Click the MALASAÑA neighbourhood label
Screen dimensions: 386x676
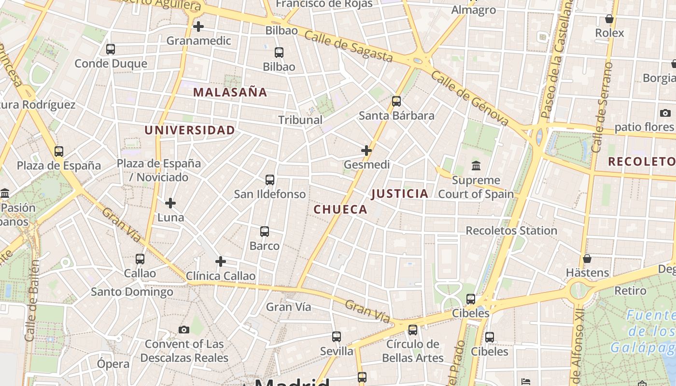[x=230, y=92]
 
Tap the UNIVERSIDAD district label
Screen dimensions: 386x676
[x=190, y=130]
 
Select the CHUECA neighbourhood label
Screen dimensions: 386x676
[x=340, y=209]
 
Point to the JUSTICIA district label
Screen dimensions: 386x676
[x=400, y=193]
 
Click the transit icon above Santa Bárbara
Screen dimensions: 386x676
[x=396, y=101]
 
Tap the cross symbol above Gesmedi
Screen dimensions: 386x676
[x=366, y=151]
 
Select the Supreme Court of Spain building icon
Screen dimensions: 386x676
[x=476, y=166]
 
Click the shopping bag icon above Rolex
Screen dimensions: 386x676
[x=609, y=19]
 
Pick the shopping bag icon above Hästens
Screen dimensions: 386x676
[x=587, y=259]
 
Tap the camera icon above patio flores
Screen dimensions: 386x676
[x=665, y=113]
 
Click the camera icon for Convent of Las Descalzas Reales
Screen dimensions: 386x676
[x=184, y=330]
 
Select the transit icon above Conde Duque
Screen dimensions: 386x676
[x=111, y=49]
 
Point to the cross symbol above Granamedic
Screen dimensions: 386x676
[x=198, y=27]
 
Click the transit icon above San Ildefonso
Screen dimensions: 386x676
[x=270, y=180]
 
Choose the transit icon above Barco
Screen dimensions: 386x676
[x=265, y=232]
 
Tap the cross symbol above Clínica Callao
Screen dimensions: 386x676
[x=221, y=262]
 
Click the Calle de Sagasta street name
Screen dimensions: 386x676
[x=349, y=46]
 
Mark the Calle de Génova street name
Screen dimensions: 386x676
[x=469, y=98]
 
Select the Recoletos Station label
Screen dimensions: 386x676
[x=511, y=231]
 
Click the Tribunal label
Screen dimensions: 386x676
[x=300, y=120]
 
